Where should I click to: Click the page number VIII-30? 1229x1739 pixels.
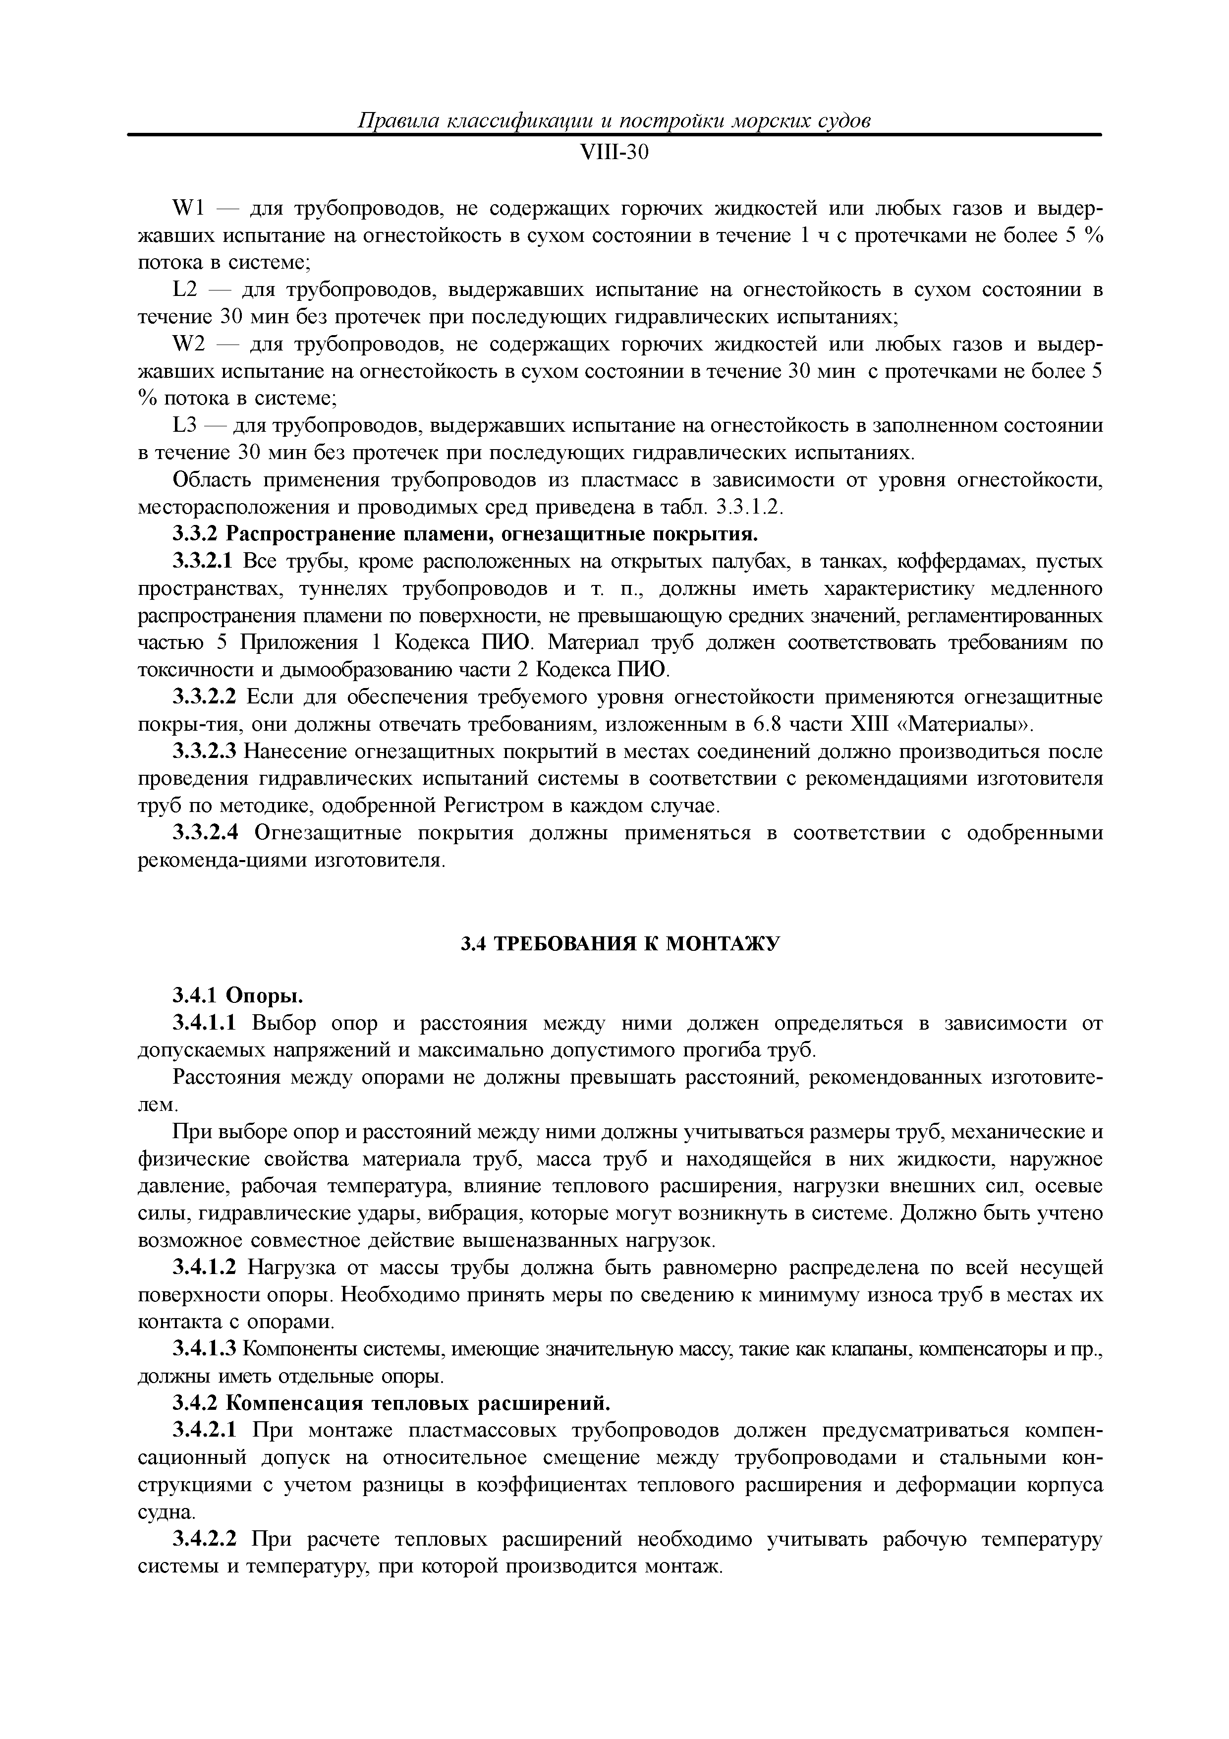(x=614, y=153)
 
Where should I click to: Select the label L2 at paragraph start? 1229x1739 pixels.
(x=185, y=290)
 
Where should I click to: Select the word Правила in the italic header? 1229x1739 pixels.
(x=394, y=121)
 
